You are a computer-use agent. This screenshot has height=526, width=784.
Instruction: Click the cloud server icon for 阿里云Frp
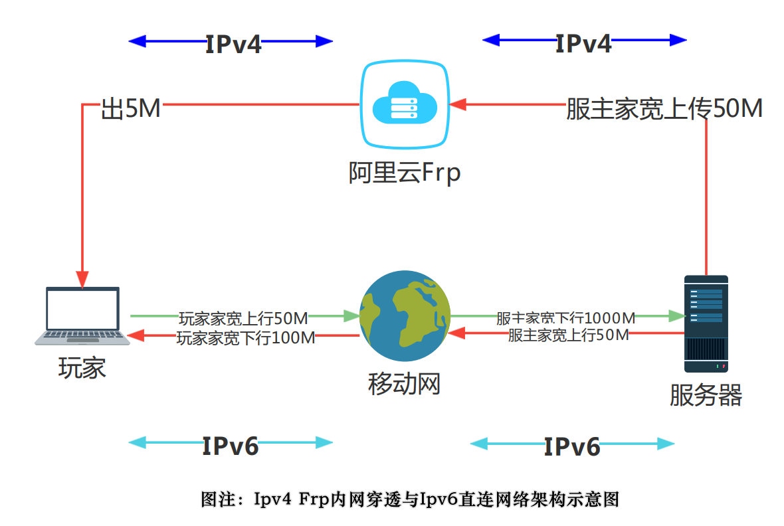click(x=404, y=104)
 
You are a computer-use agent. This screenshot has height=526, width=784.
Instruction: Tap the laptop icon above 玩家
click(x=82, y=316)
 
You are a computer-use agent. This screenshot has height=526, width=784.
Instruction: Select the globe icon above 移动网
click(x=405, y=316)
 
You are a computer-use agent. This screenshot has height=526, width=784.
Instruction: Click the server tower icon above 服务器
click(x=706, y=323)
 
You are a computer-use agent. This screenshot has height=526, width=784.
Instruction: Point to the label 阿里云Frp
click(x=404, y=173)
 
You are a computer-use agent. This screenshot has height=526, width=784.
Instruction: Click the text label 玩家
click(x=82, y=368)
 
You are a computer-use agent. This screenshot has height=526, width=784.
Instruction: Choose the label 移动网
click(x=404, y=383)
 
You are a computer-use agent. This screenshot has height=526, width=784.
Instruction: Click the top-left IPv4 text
click(x=233, y=44)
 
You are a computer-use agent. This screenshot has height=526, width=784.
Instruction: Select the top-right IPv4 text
click(x=583, y=43)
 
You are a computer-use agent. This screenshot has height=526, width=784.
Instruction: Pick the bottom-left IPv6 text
click(x=231, y=446)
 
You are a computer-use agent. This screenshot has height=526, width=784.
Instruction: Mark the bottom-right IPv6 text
click(x=572, y=446)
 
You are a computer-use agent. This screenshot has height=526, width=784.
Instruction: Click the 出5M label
click(x=131, y=109)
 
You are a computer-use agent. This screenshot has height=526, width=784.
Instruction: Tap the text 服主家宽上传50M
click(x=664, y=109)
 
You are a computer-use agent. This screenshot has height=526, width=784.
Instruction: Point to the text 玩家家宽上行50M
click(x=243, y=317)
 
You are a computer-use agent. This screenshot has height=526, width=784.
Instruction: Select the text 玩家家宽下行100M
click(x=245, y=337)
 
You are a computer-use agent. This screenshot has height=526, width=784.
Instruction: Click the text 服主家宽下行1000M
click(x=565, y=317)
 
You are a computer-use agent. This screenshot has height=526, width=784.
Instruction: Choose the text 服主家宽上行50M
click(x=568, y=335)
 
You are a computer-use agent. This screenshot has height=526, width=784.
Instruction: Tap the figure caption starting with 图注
click(x=410, y=499)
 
